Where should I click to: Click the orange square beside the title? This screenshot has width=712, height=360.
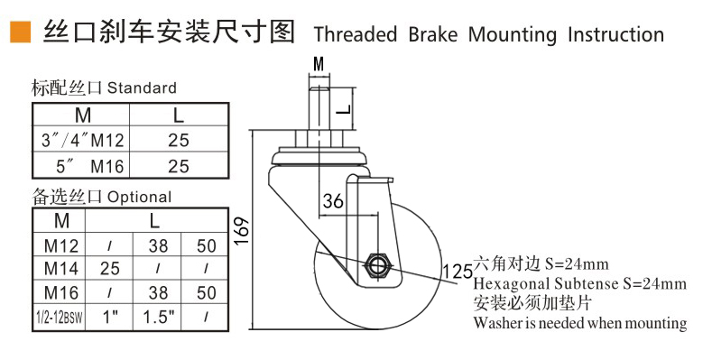(21, 32)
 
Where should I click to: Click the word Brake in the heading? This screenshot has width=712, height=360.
(433, 34)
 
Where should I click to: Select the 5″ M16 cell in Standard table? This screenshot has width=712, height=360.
(89, 167)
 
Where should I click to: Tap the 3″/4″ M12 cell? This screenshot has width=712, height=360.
(82, 140)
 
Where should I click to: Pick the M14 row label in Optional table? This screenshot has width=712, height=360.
(61, 268)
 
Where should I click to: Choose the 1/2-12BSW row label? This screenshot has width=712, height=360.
(60, 317)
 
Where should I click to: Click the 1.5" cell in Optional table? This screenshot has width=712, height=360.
(159, 317)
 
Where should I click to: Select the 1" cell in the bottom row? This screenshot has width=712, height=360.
(110, 317)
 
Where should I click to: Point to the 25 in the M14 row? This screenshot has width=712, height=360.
(110, 268)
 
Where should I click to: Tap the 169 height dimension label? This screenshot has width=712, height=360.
(242, 231)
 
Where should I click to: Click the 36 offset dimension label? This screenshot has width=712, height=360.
(333, 200)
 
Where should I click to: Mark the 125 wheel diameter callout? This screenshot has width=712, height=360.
(457, 272)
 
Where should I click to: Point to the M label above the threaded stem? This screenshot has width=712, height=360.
(319, 64)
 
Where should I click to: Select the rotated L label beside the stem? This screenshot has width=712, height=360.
(345, 109)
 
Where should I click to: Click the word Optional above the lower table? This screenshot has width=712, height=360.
(139, 197)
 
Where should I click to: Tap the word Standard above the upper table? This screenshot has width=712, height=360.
(142, 88)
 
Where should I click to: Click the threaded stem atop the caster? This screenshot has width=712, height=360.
(319, 109)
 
